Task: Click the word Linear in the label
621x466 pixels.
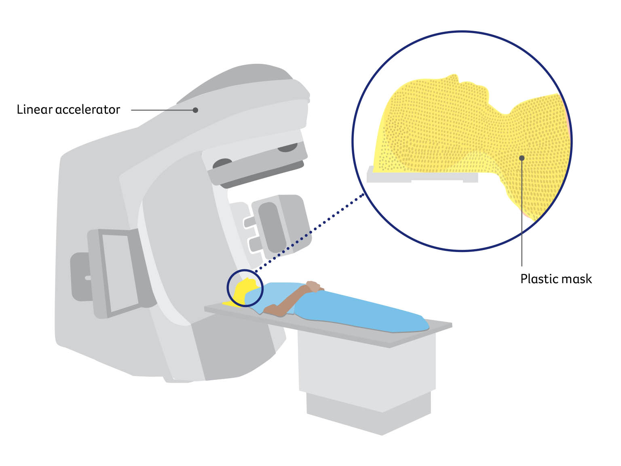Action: (34, 110)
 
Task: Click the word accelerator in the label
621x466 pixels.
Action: (88, 110)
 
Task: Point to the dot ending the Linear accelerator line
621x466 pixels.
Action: (195, 110)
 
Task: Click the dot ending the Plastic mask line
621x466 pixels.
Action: (522, 158)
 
